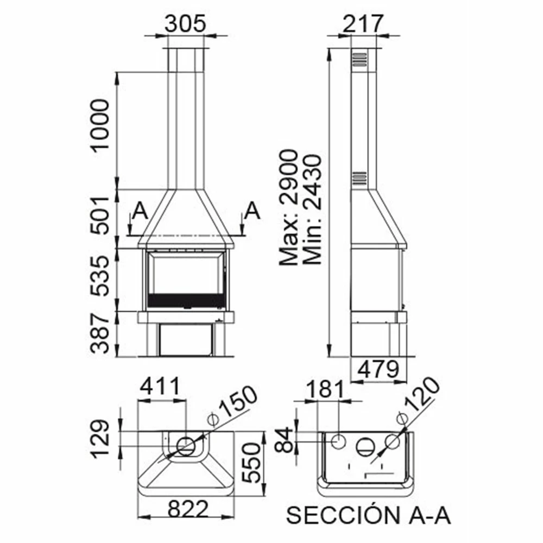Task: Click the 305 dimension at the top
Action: pyautogui.click(x=185, y=23)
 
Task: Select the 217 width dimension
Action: pyautogui.click(x=363, y=23)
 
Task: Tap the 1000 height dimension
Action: pyautogui.click(x=100, y=126)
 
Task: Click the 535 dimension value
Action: pyautogui.click(x=100, y=276)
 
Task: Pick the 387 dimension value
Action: pyautogui.click(x=100, y=333)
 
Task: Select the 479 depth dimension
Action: pyautogui.click(x=378, y=369)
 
